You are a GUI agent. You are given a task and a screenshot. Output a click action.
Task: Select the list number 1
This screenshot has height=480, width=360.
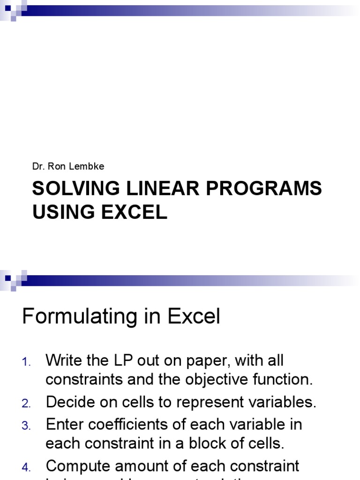point(26,362)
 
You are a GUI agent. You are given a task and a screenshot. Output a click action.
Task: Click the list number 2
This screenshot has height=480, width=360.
point(26,404)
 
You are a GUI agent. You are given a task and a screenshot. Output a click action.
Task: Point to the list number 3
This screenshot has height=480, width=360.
point(26,426)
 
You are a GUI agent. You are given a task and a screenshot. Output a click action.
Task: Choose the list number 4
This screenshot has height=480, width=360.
point(26,467)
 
